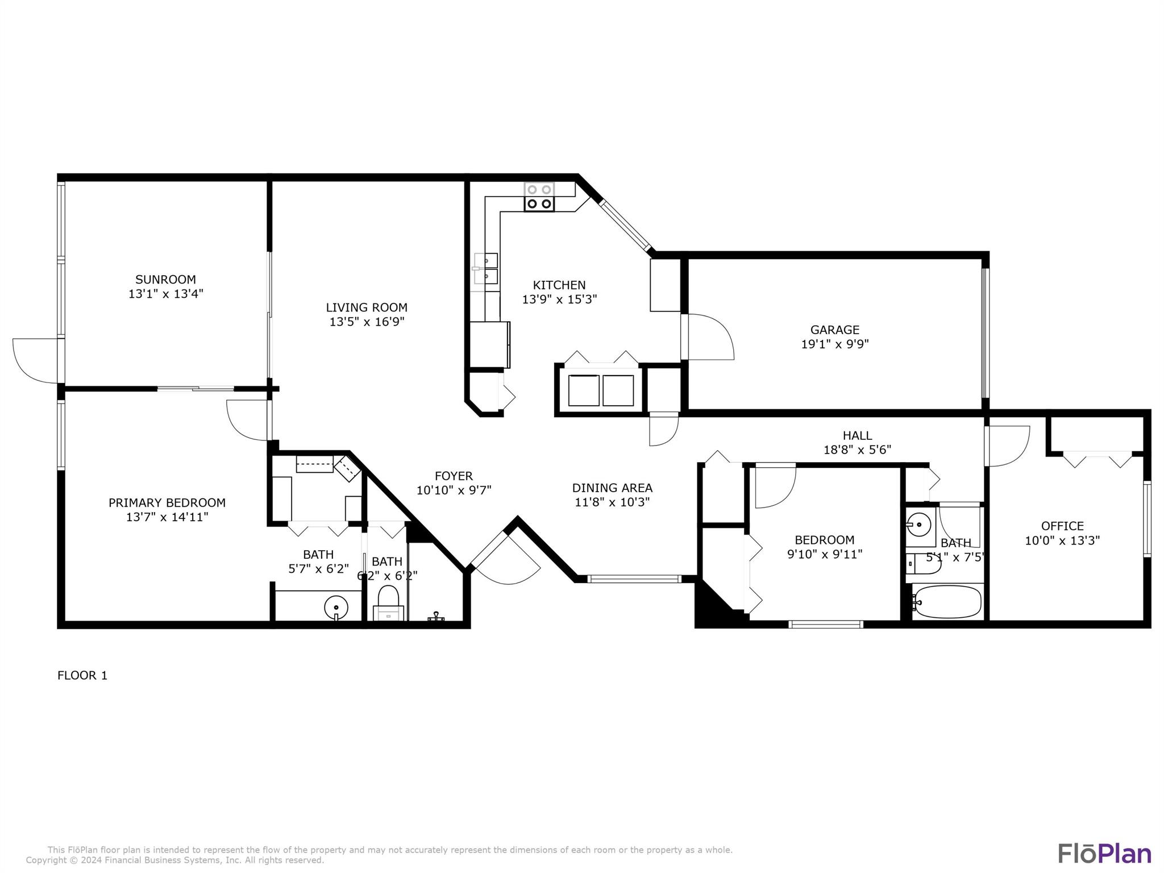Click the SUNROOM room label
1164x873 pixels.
click(165, 280)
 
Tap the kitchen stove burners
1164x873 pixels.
click(539, 197)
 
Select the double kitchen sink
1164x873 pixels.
click(487, 268)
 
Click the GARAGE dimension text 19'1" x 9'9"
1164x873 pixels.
click(834, 344)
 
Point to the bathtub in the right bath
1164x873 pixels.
click(947, 601)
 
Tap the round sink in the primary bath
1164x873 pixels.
click(336, 607)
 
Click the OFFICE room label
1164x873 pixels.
click(1062, 526)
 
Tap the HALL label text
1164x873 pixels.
click(857, 435)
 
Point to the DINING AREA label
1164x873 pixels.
click(612, 488)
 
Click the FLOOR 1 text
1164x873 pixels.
click(82, 675)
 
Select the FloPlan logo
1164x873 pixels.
click(1104, 853)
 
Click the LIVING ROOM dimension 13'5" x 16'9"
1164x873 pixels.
click(367, 322)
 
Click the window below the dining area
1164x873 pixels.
click(633, 579)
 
